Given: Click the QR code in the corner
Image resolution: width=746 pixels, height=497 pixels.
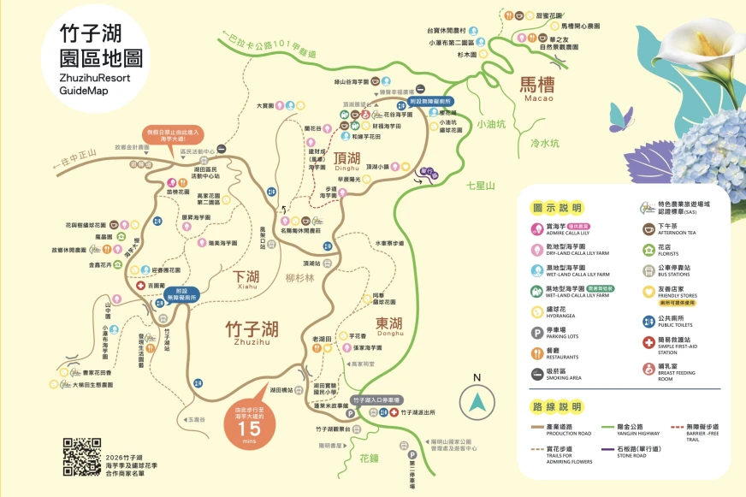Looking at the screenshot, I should click(x=83, y=456).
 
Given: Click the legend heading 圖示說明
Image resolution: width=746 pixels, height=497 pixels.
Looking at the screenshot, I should click(x=557, y=208).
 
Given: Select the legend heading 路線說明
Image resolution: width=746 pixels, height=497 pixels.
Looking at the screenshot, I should click(x=557, y=405).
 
